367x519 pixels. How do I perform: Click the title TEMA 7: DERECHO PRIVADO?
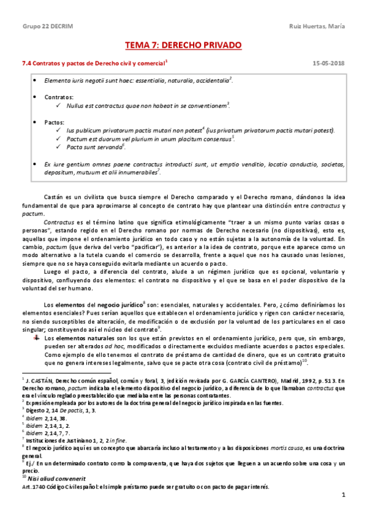(183, 45)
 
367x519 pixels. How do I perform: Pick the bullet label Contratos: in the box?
(59, 97)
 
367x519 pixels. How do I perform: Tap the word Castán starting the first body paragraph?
(54, 195)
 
